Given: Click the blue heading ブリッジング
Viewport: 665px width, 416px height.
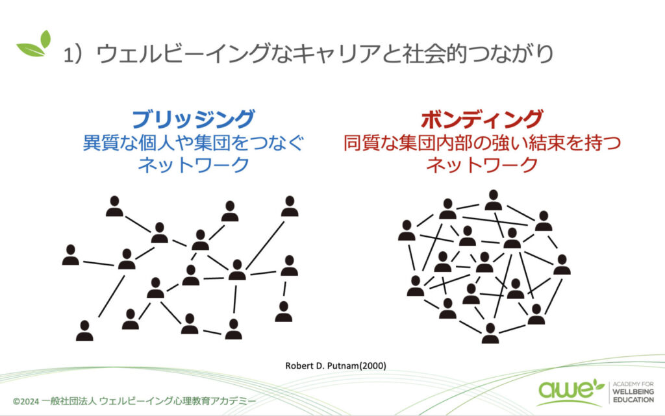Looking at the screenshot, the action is [194, 119].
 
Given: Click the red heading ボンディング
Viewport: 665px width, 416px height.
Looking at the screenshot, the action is [482, 119].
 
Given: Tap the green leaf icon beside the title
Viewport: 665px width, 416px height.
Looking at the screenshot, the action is [34, 43].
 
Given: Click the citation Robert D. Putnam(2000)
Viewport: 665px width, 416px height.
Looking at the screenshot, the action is [336, 365].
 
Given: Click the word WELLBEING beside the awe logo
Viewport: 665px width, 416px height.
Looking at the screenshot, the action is [633, 392].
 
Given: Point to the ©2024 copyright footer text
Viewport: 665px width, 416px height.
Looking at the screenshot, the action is [134, 401].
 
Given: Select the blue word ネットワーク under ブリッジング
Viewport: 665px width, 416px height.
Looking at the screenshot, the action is [194, 164].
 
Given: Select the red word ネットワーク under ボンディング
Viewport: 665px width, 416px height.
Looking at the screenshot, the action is [482, 164].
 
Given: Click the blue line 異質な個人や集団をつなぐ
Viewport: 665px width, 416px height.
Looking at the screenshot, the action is [194, 143].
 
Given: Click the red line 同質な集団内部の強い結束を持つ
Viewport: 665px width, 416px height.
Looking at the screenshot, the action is [482, 143].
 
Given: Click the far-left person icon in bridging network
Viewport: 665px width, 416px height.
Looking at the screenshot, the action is [70, 254].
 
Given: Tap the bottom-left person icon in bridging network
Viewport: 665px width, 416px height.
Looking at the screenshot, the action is [84, 330].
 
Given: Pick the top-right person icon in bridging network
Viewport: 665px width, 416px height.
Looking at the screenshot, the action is [290, 206].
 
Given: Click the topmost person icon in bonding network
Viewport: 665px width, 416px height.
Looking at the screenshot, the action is [494, 200].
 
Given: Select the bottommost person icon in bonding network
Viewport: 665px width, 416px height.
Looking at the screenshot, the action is [490, 333].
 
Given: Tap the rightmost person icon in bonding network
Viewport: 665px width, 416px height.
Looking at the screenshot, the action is [562, 264].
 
